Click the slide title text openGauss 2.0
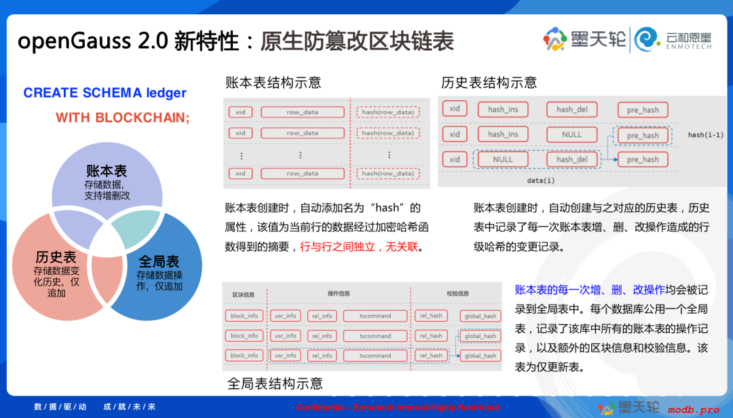coord(92,41)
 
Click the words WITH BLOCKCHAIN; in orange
coord(123,117)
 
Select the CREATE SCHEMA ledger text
coord(105,93)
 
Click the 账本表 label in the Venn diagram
coord(107,170)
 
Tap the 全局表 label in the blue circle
coord(159,262)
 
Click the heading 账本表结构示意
coord(274,83)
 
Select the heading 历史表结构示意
coord(489,83)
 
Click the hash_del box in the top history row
coord(571,109)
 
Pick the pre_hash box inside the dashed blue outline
coord(642,135)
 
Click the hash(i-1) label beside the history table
coord(704,135)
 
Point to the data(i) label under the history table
coord(541,180)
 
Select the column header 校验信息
coord(457,294)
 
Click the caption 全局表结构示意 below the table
coord(275,383)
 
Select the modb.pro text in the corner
coord(693,409)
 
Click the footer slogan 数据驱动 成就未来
coord(95,406)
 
